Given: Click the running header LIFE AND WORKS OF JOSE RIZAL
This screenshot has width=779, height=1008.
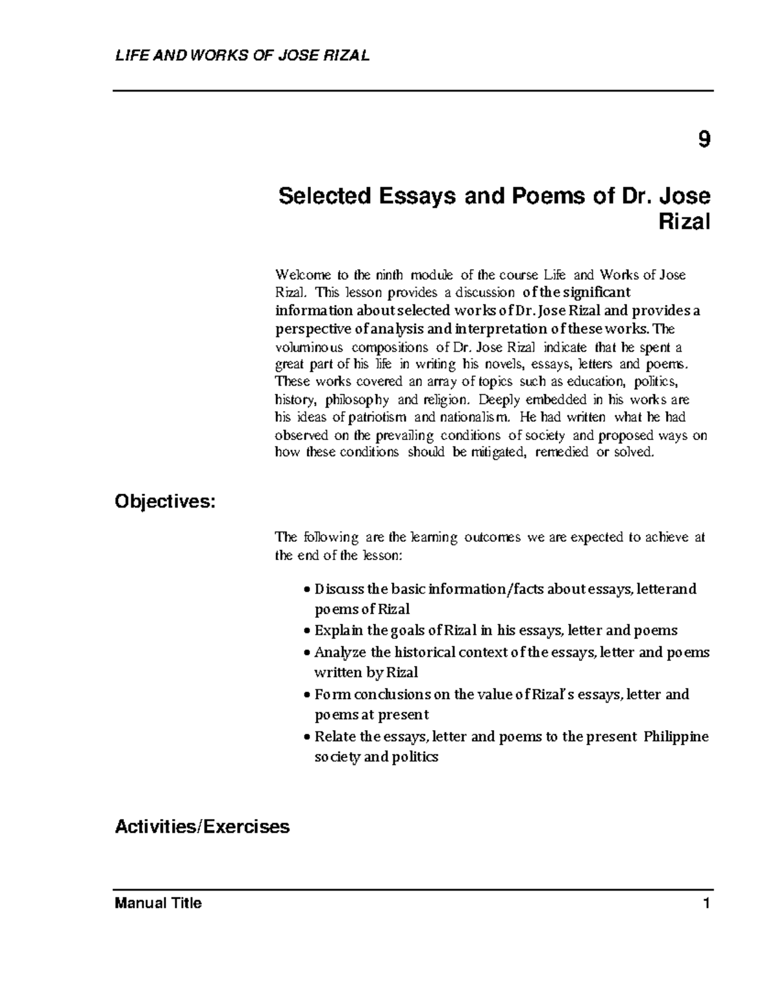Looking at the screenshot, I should click(x=242, y=56).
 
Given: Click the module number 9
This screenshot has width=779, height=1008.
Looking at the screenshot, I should click(x=704, y=141).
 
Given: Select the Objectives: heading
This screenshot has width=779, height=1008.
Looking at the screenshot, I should click(x=164, y=502).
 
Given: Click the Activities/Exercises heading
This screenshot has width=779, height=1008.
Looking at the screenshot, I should click(x=202, y=827).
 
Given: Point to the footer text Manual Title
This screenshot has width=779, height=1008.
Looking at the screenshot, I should click(x=158, y=903).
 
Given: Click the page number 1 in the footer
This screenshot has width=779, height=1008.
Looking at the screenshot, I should click(x=707, y=903).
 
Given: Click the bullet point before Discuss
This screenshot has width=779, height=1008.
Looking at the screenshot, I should click(x=307, y=591).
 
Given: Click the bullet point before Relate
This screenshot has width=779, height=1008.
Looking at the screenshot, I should click(x=307, y=738).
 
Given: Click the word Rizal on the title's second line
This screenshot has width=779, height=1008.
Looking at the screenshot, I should click(x=684, y=223).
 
